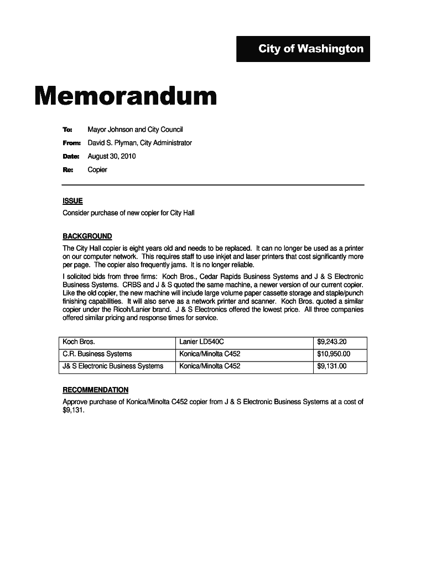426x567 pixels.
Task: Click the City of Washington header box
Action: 303,49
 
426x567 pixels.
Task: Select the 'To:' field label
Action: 67,130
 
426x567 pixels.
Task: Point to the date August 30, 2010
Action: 112,156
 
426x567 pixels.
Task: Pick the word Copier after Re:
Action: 97,169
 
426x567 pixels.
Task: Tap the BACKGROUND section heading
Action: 87,236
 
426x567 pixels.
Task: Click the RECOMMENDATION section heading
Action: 95,390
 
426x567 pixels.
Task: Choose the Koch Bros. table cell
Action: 79,342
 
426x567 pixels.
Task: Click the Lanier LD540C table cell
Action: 201,342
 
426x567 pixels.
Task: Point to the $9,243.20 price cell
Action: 332,342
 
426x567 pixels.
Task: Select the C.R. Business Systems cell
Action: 97,354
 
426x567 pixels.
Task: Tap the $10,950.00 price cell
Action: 334,354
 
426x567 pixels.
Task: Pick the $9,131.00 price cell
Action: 332,366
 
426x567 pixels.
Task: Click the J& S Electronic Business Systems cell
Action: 113,366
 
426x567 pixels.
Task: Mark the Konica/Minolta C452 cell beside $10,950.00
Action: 210,354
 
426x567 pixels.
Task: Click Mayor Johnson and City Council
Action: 135,130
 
